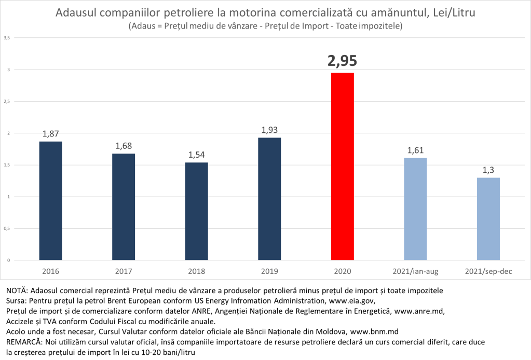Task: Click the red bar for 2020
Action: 342,166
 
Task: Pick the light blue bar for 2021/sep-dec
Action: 488,218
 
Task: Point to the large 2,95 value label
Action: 342,61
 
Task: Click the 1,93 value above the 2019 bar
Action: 269,129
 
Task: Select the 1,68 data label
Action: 124,145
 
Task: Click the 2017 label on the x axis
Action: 124,271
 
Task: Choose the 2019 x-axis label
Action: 269,271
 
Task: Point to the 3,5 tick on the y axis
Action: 7,38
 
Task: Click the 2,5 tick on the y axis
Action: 7,102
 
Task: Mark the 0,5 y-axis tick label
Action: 7,229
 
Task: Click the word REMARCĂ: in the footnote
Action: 24,342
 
